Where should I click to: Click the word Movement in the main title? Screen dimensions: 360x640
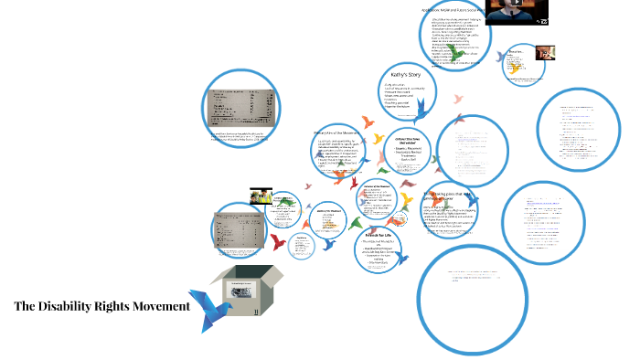159,305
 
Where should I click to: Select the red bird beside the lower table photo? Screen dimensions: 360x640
276,241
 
